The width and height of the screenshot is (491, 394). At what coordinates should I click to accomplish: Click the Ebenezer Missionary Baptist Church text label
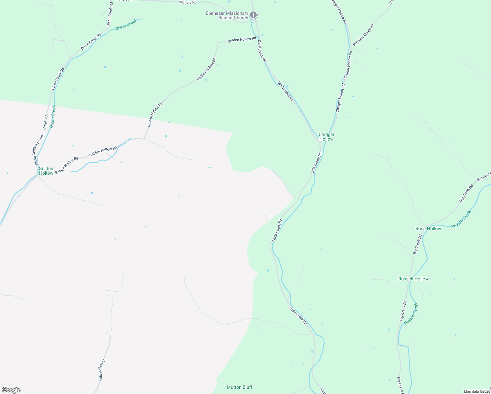227,15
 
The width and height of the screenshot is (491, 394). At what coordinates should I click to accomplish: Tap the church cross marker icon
253,15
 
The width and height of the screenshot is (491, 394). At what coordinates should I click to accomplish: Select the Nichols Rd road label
188,2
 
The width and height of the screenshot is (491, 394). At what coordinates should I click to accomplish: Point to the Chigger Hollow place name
326,137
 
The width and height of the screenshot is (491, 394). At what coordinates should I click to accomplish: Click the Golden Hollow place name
46,171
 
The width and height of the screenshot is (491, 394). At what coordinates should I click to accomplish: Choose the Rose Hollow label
428,229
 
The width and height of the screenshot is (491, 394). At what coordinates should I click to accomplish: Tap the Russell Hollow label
413,279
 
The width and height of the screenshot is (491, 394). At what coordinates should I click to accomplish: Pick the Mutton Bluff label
240,387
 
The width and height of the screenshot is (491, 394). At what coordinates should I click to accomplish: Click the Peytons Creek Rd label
363,35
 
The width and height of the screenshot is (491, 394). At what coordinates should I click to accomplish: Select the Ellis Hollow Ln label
102,370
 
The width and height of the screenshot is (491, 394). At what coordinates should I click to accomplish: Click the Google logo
11,390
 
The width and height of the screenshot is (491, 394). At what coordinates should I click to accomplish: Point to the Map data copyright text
477,391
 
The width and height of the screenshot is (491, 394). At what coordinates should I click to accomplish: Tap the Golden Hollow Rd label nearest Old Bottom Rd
242,39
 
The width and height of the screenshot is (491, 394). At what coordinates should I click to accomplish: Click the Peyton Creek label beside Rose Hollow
461,219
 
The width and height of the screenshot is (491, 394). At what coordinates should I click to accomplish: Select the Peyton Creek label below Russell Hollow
411,314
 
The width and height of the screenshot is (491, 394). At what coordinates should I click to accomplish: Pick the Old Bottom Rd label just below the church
262,51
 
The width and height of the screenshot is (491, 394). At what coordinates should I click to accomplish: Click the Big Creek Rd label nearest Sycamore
466,193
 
